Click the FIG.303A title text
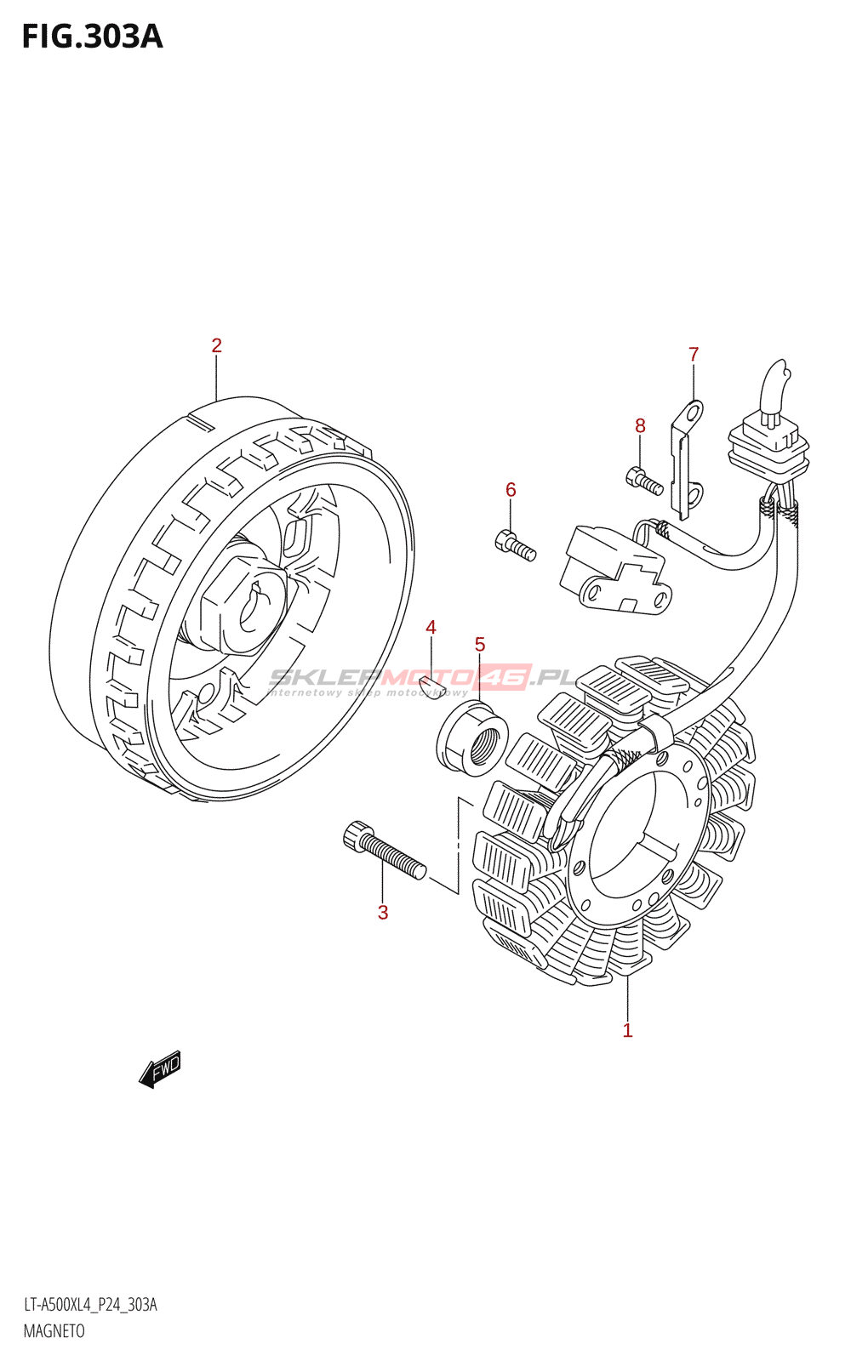point(92,37)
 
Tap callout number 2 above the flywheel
point(217,345)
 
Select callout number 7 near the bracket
point(694,354)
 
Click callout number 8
point(640,425)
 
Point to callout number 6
point(511,489)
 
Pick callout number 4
point(431,628)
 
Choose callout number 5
point(480,645)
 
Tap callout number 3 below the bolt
point(383,913)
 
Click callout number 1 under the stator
point(627,1031)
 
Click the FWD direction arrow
point(160,1068)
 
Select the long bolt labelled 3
point(384,850)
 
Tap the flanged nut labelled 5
point(472,739)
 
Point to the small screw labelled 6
point(515,545)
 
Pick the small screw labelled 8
point(644,481)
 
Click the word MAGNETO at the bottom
point(54,1331)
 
